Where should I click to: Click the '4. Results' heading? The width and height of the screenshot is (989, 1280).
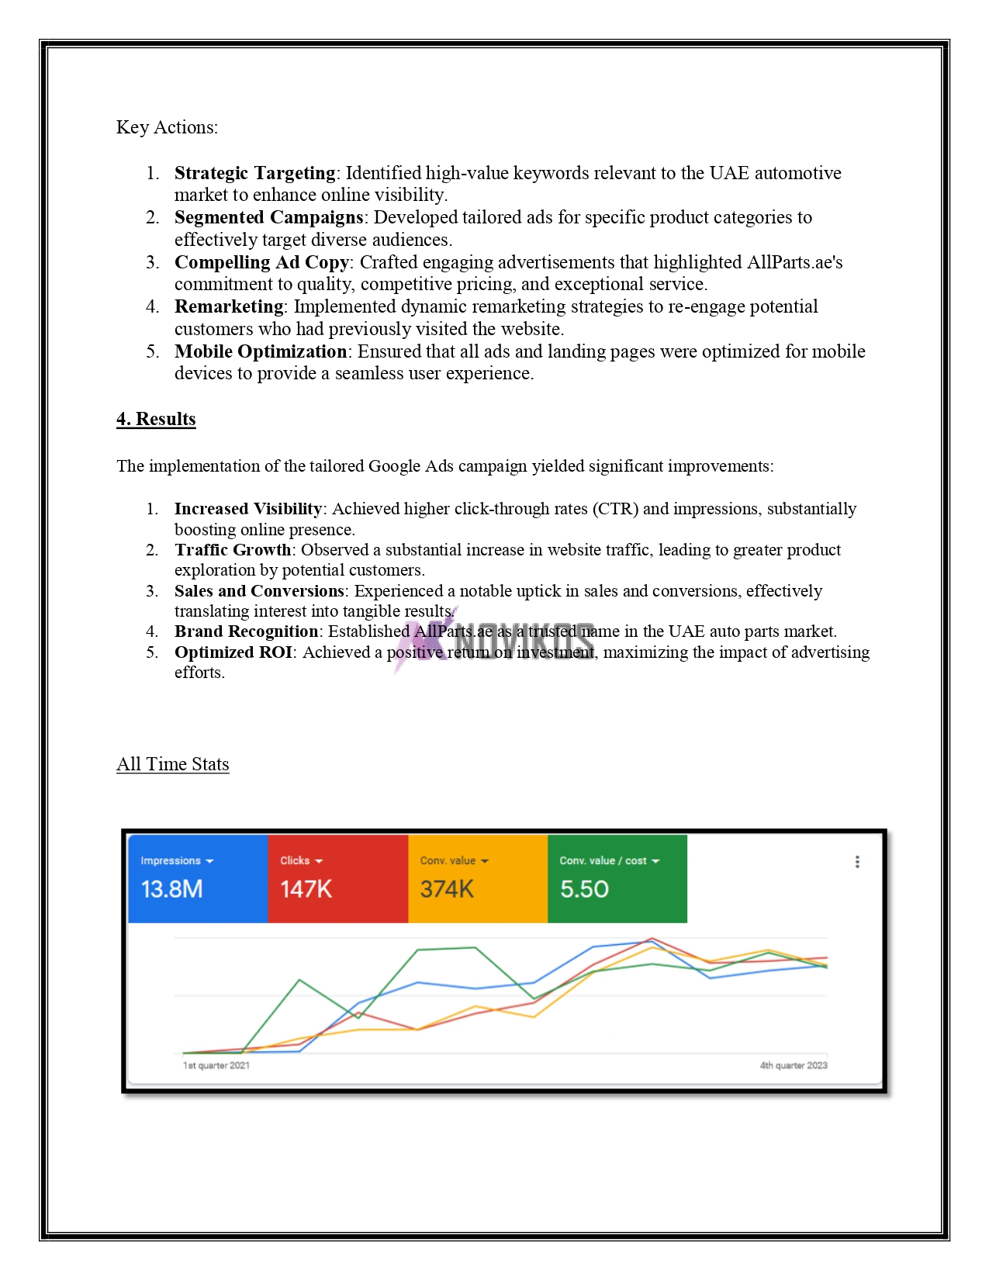tap(156, 419)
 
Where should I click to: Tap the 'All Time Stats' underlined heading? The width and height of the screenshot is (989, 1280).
tap(172, 764)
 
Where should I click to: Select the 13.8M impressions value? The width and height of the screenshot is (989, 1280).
tap(171, 889)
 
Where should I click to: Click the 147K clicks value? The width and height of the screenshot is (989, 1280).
tap(306, 889)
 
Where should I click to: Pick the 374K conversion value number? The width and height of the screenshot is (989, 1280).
tap(447, 889)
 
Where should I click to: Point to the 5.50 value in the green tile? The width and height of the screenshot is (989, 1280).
tap(584, 889)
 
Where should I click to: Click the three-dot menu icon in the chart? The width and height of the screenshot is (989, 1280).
tap(857, 862)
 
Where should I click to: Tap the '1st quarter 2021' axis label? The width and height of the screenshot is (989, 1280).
tap(216, 1065)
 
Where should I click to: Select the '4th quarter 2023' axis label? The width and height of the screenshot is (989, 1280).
tap(794, 1065)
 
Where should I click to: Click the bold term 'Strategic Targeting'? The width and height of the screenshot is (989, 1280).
tap(254, 173)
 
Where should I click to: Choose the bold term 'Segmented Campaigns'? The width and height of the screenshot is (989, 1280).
tap(268, 217)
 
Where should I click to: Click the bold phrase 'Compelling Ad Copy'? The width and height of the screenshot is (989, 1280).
tap(261, 262)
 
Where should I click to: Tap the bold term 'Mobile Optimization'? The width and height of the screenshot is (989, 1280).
tap(261, 351)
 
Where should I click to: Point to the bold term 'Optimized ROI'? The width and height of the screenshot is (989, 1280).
tap(233, 652)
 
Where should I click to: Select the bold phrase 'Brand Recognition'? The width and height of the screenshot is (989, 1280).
tap(246, 631)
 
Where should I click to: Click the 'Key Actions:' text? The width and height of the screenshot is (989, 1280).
tap(167, 127)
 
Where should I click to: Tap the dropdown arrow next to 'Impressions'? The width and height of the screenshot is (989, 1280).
tap(210, 861)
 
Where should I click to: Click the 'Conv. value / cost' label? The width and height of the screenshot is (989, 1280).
tap(603, 860)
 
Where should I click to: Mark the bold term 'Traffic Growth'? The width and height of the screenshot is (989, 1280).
tap(232, 550)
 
